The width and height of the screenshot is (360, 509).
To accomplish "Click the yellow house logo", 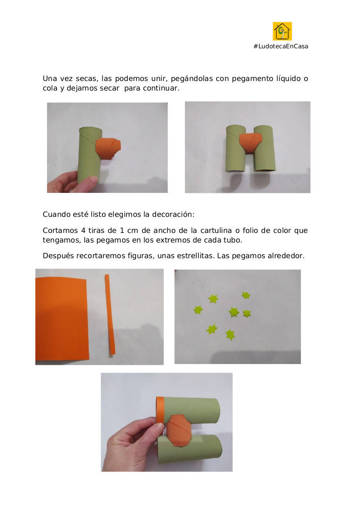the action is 282,31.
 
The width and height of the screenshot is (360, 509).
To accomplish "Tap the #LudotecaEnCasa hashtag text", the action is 281,47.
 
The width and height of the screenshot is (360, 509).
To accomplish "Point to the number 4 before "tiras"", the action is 83,230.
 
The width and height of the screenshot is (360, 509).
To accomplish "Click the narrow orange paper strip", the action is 110,314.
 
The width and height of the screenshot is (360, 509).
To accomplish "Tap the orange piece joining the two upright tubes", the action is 251,142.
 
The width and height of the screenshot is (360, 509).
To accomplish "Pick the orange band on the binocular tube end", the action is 160,409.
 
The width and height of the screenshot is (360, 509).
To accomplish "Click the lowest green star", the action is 230,334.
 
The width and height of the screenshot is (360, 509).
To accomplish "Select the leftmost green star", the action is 198,310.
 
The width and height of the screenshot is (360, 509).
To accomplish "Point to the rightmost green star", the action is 247,313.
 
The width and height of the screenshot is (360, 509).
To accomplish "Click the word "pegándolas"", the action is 192,79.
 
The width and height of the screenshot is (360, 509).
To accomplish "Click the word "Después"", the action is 58,256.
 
